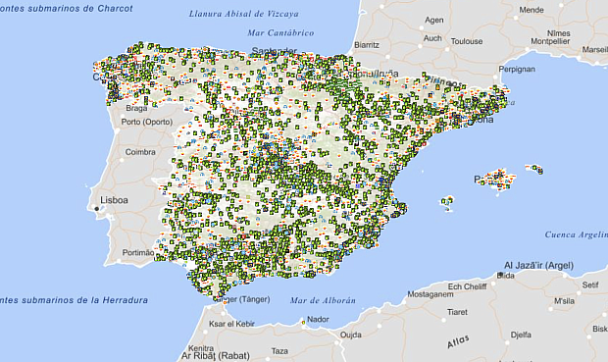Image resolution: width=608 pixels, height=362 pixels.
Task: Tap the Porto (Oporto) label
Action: [x=146, y=122]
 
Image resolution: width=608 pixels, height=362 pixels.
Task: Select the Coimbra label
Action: [x=141, y=151]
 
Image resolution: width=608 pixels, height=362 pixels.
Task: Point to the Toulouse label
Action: [x=467, y=41]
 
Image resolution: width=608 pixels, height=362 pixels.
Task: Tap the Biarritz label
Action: [x=367, y=44]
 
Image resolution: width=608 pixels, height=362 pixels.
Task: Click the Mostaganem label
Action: [x=430, y=293]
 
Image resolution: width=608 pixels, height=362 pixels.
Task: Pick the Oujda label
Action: [x=351, y=334]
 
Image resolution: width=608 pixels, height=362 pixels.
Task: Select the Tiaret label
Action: [x=457, y=313]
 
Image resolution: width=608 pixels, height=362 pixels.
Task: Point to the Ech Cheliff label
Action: [x=467, y=285]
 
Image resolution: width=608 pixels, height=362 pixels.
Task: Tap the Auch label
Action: [x=432, y=39]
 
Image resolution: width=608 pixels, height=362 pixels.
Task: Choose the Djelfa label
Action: [x=520, y=335]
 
